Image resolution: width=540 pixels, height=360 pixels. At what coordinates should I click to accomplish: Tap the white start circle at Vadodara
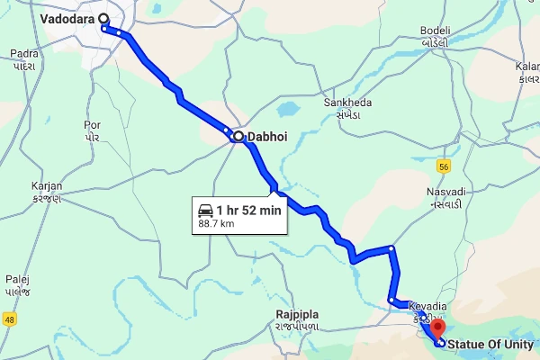[104, 18]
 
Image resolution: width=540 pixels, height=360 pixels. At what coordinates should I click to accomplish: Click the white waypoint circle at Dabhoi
[238, 138]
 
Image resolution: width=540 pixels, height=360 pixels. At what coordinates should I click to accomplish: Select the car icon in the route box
[205, 210]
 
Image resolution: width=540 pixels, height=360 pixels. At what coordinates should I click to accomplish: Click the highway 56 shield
[444, 166]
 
